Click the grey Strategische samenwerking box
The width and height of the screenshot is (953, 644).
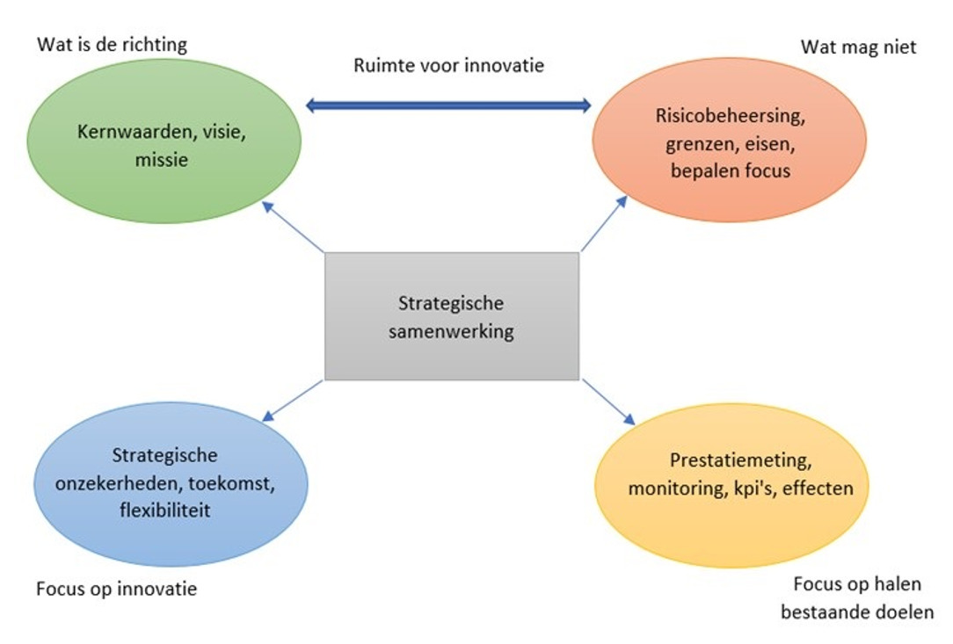452,316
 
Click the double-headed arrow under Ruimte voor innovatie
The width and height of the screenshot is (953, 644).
448,105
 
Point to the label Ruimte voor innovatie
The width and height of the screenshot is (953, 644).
448,66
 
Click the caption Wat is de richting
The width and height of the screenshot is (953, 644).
113,44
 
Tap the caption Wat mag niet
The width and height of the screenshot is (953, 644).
858,47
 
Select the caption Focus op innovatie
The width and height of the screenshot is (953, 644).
117,589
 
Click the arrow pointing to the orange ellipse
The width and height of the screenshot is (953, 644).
605,224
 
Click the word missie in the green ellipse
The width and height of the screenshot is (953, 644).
164,161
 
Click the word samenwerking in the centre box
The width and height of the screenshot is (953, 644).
451,331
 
